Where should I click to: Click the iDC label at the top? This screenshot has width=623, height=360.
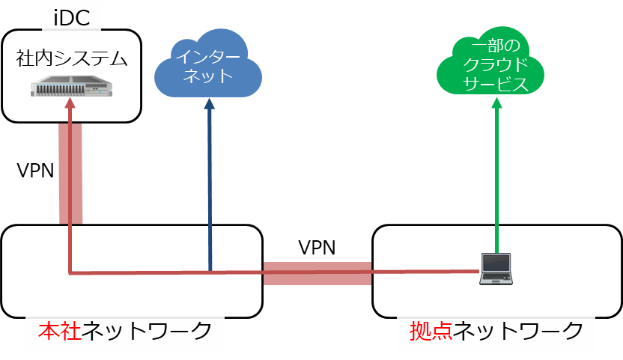[x=72, y=18]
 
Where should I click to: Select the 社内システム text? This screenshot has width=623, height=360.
[x=72, y=58]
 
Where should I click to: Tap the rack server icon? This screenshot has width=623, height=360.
[x=72, y=86]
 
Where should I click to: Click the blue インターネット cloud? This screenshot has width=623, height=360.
[x=208, y=64]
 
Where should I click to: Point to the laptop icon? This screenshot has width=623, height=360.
[x=496, y=269]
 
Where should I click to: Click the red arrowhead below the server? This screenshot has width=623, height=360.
[x=70, y=103]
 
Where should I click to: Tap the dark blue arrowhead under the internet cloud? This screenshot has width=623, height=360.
[x=210, y=104]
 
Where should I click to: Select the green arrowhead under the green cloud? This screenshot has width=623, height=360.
[x=496, y=103]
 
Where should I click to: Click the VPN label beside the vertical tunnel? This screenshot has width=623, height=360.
[x=35, y=171]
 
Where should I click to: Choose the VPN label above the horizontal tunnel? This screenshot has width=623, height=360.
[x=317, y=248]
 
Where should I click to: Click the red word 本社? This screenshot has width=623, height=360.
[x=60, y=331]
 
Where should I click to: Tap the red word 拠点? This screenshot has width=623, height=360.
[x=431, y=331]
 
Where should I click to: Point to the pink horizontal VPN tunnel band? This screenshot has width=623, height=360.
[x=317, y=273]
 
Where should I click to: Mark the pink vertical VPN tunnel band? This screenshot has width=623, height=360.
[x=70, y=174]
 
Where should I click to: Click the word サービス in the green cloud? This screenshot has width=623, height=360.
[x=496, y=84]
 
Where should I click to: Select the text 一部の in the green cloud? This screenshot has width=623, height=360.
[x=496, y=46]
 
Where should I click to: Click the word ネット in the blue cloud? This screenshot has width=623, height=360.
[x=208, y=76]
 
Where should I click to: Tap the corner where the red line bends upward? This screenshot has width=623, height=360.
[x=70, y=273]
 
